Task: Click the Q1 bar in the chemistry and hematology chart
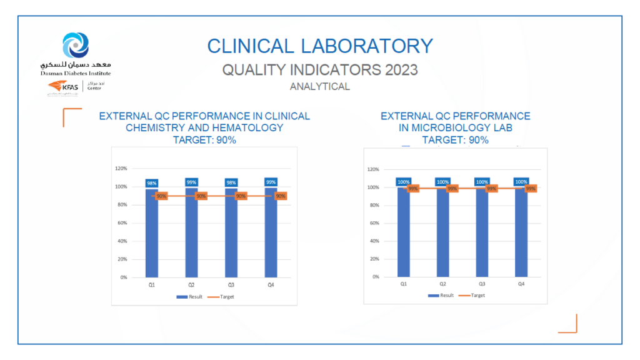(x=152, y=234)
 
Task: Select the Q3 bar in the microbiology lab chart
(x=481, y=234)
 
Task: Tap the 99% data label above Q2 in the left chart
(x=191, y=182)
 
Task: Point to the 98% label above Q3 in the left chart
(x=231, y=183)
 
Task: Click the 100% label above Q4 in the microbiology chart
(x=521, y=182)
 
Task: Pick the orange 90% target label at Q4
(x=280, y=196)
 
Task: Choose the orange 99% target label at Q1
(x=413, y=188)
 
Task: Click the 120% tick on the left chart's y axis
(x=121, y=169)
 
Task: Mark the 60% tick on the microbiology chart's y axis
(x=374, y=223)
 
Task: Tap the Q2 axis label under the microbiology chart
(x=442, y=284)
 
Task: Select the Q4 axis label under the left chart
(x=271, y=285)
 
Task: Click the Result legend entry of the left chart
(x=190, y=297)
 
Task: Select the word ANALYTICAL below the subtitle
(x=319, y=87)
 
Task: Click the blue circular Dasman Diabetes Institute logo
(x=76, y=46)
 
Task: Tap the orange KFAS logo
(x=63, y=87)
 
